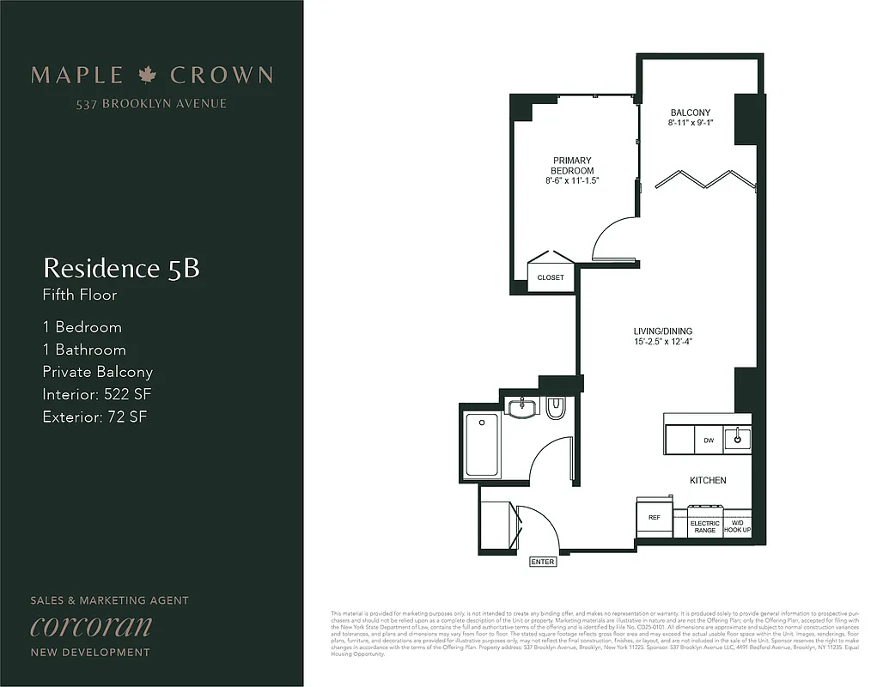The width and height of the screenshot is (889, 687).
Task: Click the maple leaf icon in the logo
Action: (147, 75)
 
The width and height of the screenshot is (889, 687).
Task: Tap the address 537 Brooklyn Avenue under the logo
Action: (151, 104)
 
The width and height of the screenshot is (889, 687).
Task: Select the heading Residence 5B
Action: (121, 268)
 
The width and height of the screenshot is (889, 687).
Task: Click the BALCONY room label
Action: (690, 112)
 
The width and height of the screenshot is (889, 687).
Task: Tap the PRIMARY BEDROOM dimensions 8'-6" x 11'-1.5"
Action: (572, 181)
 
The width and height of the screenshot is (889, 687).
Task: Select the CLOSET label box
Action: (551, 277)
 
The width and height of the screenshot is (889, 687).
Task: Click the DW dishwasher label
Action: (709, 441)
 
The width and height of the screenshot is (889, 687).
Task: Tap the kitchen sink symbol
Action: (736, 439)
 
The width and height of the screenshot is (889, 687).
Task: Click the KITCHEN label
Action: (708, 480)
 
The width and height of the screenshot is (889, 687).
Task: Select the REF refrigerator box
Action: (654, 519)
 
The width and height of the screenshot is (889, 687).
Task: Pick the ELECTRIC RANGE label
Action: (704, 527)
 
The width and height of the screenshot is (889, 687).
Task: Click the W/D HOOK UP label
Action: (736, 527)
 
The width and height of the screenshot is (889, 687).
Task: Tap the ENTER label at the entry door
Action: (543, 562)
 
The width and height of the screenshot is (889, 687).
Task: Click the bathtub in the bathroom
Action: (481, 445)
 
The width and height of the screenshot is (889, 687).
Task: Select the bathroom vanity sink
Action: (521, 407)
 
